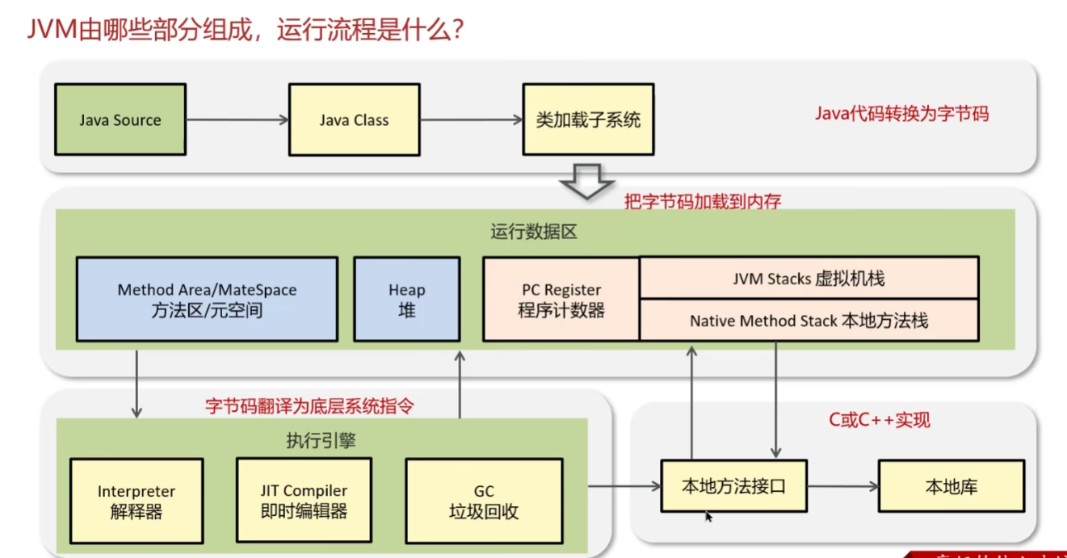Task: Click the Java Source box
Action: coord(120,120)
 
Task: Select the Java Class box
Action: coord(354,120)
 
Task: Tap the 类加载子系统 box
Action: coord(588,120)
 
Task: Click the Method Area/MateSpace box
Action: coord(207,299)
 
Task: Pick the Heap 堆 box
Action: coord(406,299)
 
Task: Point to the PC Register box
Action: coord(561,299)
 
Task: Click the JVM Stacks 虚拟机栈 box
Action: coord(809,279)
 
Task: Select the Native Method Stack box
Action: coord(809,320)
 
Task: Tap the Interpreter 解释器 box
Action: coord(137,501)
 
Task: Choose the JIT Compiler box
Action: coord(304,500)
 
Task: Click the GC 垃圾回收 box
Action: coord(484,501)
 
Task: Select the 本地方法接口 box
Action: coord(733,486)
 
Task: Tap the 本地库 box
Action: coord(951,486)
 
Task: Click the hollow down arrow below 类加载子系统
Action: coord(588,181)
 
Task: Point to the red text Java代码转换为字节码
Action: coord(901,113)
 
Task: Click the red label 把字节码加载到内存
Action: coord(703,201)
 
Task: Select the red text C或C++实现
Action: coord(879,419)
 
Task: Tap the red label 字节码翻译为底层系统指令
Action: coord(309,405)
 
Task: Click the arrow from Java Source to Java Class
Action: coord(237,120)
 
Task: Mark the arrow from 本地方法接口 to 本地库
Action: coord(842,486)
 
